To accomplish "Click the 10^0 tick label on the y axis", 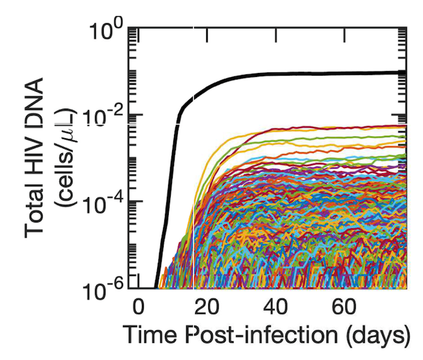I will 111,30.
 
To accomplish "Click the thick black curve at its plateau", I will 323,74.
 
